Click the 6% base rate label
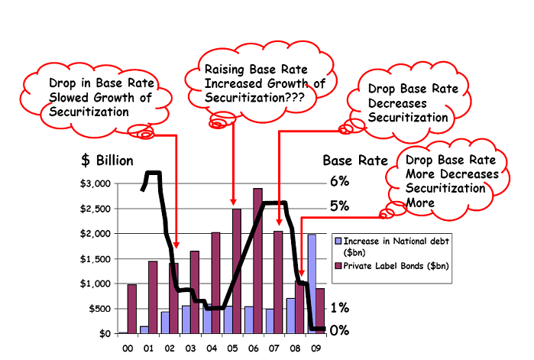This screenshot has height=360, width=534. [339, 181]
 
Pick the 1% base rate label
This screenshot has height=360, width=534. [339, 308]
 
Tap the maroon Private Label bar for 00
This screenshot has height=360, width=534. [131, 309]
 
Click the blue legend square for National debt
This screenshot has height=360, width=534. [338, 240]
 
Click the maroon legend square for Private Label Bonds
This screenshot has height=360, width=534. [338, 265]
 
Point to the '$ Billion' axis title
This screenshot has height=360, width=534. [107, 161]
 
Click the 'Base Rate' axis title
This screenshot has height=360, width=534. [354, 161]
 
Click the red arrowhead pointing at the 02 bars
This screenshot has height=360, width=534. [176, 244]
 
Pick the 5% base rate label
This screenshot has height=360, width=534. [339, 206]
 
